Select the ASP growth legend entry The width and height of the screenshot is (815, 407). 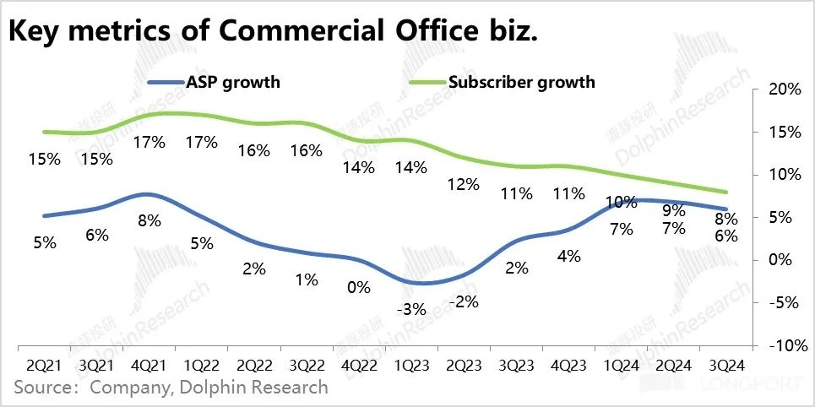click(215, 82)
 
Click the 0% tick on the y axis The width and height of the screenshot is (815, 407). click(783, 260)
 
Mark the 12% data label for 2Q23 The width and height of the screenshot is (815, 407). click(464, 184)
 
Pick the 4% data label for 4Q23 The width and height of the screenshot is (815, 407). click(568, 256)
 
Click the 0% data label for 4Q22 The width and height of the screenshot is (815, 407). click(358, 287)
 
